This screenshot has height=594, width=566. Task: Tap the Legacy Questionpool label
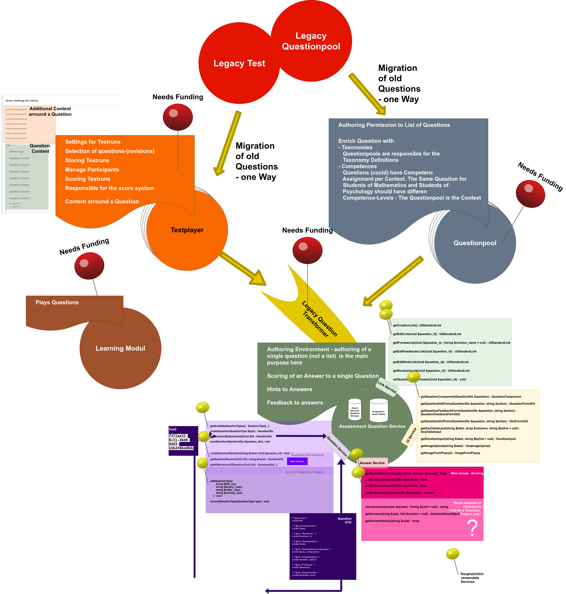coord(311,41)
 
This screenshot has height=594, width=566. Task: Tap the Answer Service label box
coord(372,463)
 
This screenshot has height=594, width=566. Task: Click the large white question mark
coord(472,528)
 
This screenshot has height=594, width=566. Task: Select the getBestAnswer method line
coord(399,493)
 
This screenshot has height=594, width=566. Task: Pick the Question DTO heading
coord(344,520)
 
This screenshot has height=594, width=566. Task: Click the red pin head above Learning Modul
coord(89,265)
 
